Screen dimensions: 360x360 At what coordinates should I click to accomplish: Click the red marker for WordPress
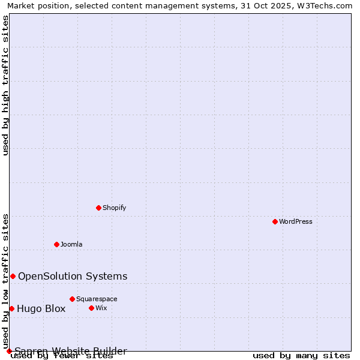pyautogui.click(x=275, y=221)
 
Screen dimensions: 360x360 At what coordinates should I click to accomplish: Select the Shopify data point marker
pyautogui.click(x=98, y=208)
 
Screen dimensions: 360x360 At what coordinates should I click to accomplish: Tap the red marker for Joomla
pyautogui.click(x=56, y=244)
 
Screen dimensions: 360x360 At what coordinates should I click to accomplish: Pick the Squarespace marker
pyautogui.click(x=72, y=299)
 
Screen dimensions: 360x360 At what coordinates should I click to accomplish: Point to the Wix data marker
pyautogui.click(x=91, y=308)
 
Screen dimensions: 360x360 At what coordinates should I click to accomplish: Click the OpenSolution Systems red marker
pyautogui.click(x=13, y=276)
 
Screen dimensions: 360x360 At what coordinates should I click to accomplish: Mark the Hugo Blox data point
pyautogui.click(x=11, y=308)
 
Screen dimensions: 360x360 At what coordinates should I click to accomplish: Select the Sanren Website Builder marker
pyautogui.click(x=9, y=351)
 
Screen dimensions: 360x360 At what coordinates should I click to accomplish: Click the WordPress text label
pyautogui.click(x=296, y=221)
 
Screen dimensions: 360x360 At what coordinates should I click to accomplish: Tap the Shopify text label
pyautogui.click(x=114, y=208)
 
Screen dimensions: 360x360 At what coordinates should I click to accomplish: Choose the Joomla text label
pyautogui.click(x=71, y=244)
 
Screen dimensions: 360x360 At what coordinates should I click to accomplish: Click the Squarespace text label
pyautogui.click(x=97, y=299)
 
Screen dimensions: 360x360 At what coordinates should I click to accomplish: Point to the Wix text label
pyautogui.click(x=101, y=308)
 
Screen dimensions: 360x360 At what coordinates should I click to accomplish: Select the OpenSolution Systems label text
pyautogui.click(x=73, y=276)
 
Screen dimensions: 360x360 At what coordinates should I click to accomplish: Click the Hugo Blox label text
pyautogui.click(x=41, y=309)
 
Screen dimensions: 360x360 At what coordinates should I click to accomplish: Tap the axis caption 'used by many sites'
pyautogui.click(x=301, y=356)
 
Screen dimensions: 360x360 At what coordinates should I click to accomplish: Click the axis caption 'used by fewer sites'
pyautogui.click(x=62, y=356)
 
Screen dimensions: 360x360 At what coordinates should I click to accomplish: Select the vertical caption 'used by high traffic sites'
pyautogui.click(x=6, y=85)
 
